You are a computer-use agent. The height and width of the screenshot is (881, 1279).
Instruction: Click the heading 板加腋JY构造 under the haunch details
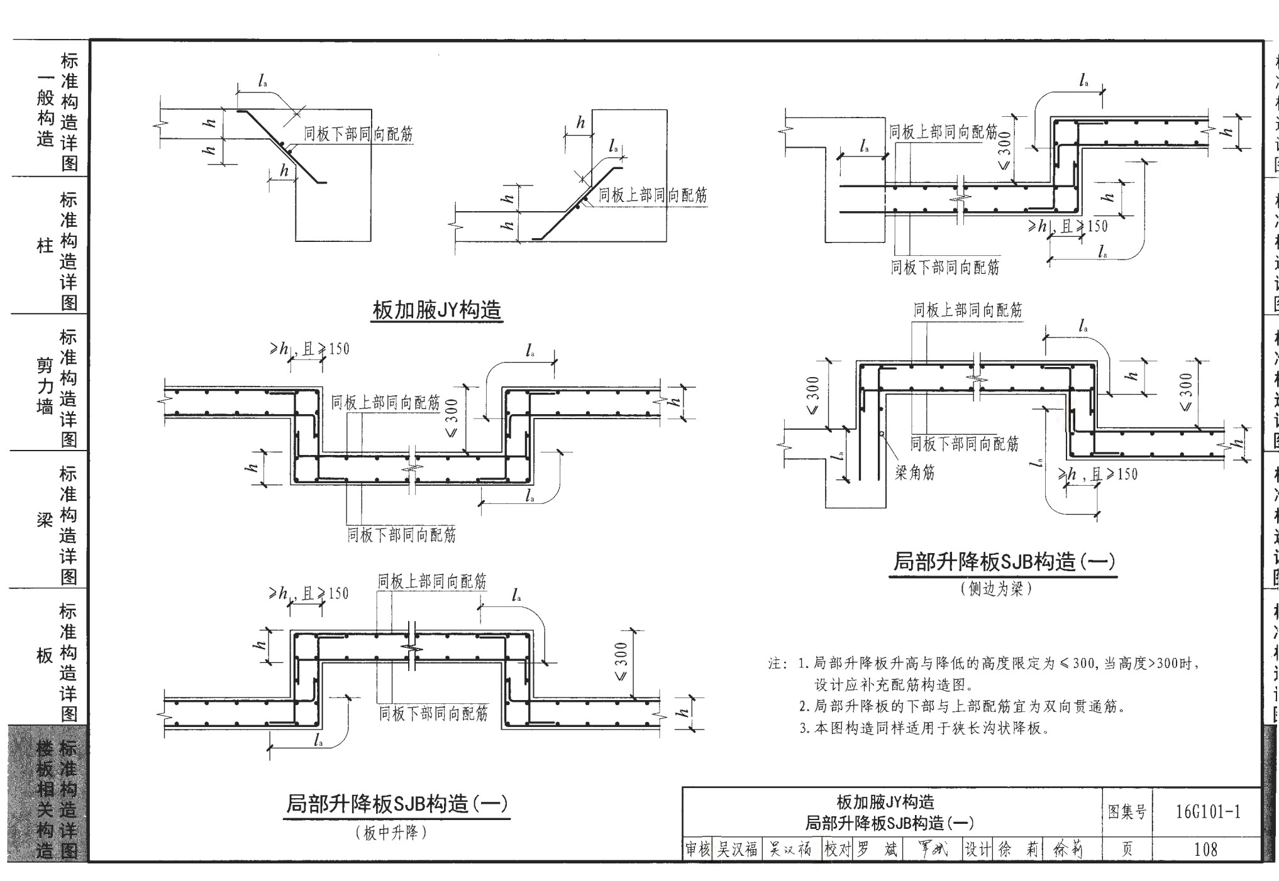436,310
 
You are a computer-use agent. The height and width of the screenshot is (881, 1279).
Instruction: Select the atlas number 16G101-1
1207,812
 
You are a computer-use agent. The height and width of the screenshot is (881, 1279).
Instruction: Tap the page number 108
1205,850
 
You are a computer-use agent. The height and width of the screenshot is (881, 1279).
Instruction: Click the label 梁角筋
914,473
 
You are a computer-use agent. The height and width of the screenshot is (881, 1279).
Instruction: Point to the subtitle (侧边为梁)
996,589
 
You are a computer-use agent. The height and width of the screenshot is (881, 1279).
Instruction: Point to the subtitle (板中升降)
390,833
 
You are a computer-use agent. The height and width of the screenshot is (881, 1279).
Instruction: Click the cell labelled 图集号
1126,812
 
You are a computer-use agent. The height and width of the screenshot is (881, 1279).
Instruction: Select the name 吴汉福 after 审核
737,850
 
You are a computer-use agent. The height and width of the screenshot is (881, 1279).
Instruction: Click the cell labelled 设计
977,850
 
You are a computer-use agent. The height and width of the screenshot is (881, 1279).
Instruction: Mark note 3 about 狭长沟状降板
924,728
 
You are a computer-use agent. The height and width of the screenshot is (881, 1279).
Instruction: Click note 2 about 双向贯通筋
962,706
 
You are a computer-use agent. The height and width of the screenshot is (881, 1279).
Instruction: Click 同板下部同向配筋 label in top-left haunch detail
358,134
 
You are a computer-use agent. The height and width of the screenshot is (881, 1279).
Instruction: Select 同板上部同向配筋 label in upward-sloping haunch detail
652,195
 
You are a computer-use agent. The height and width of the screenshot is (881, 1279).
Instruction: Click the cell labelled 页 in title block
1126,850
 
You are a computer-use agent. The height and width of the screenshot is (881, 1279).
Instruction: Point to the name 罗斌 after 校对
877,850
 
